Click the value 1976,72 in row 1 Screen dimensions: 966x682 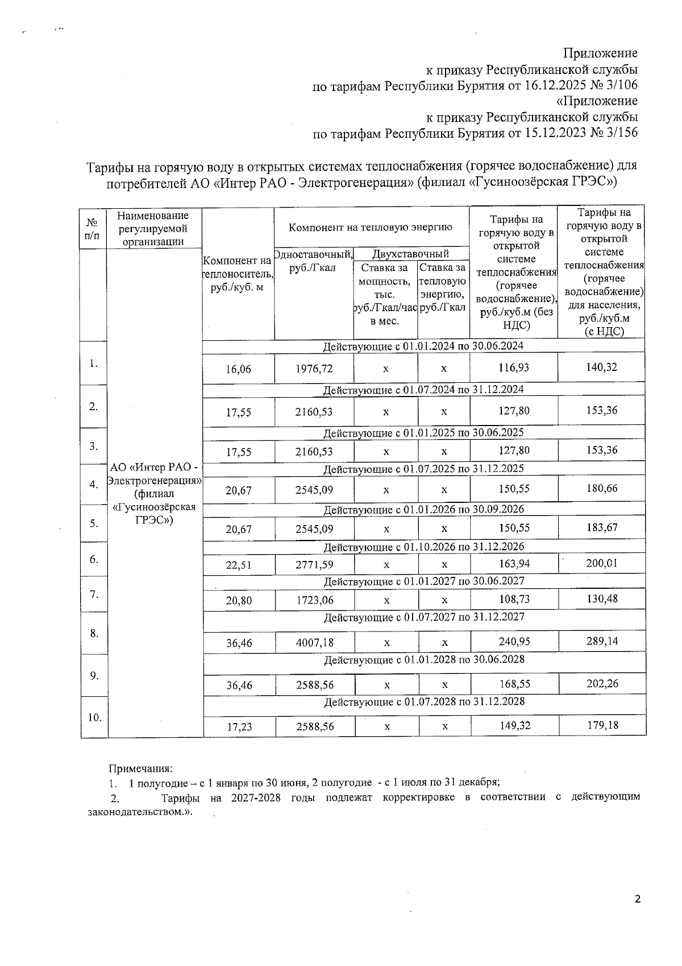coord(314,369)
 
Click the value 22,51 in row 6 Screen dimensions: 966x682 coord(239,565)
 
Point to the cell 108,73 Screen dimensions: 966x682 coord(514,599)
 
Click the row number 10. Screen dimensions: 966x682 coord(94,717)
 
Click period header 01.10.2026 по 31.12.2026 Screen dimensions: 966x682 coord(424,547)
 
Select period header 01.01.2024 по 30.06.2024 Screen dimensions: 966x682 coord(423,346)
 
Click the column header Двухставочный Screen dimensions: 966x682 coord(410,254)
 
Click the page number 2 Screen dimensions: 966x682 coord(637,899)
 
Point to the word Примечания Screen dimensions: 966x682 coord(140,769)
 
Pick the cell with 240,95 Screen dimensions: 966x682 coord(514,642)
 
